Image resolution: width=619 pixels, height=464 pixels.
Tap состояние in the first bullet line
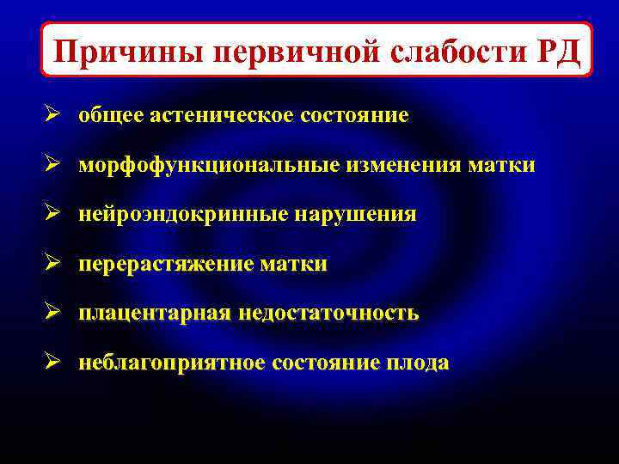(x=354, y=115)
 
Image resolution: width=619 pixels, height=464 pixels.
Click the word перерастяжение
(x=166, y=264)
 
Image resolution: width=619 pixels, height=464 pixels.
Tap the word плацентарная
(x=155, y=314)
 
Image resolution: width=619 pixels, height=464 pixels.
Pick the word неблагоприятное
(x=172, y=363)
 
